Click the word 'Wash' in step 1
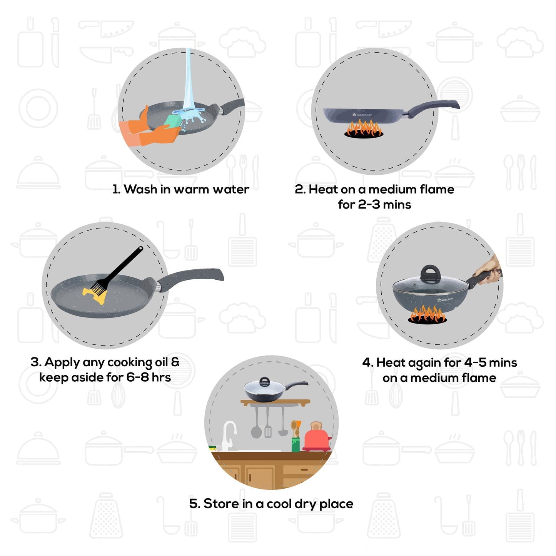140,189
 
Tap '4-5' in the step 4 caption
475,362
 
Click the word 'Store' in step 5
221,504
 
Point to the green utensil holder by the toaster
296,444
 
